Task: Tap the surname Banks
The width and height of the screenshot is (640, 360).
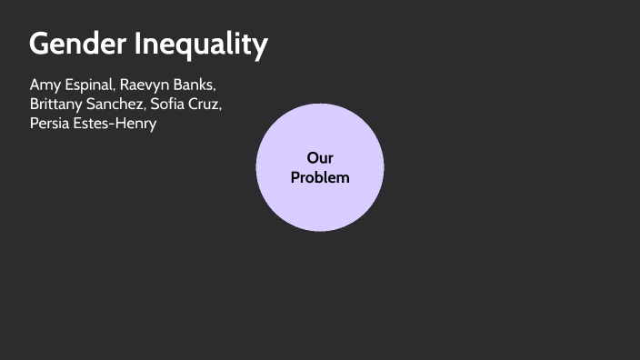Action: pos(200,85)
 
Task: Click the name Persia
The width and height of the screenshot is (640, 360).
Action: pos(50,123)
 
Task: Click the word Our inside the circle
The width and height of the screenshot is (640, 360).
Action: pos(320,158)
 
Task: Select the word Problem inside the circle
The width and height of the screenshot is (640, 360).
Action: pos(320,177)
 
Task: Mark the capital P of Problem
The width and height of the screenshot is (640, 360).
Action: pos(295,177)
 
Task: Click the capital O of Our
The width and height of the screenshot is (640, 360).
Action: pos(313,158)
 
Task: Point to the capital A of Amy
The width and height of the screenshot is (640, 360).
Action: pos(35,85)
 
